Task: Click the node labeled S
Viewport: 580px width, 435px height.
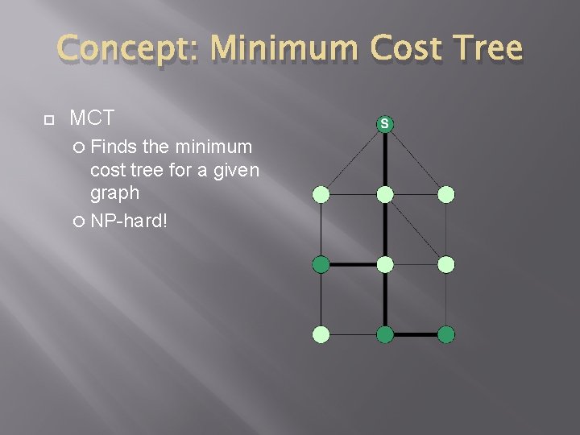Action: point(385,124)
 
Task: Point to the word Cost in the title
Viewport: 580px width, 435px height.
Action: point(396,49)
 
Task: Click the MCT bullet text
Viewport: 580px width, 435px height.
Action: point(92,118)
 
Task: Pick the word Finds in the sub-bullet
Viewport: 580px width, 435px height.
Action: point(114,147)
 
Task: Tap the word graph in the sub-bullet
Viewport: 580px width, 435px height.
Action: point(114,193)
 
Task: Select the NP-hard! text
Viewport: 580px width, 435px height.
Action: point(129,221)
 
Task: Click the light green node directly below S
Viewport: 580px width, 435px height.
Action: point(385,194)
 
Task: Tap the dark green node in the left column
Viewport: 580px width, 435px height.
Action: point(321,264)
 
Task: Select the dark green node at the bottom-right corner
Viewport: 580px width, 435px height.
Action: point(447,334)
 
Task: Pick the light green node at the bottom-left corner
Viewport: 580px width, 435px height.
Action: point(321,334)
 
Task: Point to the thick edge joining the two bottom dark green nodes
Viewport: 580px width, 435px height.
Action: point(416,334)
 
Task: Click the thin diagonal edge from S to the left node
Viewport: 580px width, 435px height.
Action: point(351,160)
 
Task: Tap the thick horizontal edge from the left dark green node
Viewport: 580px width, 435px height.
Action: point(353,264)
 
